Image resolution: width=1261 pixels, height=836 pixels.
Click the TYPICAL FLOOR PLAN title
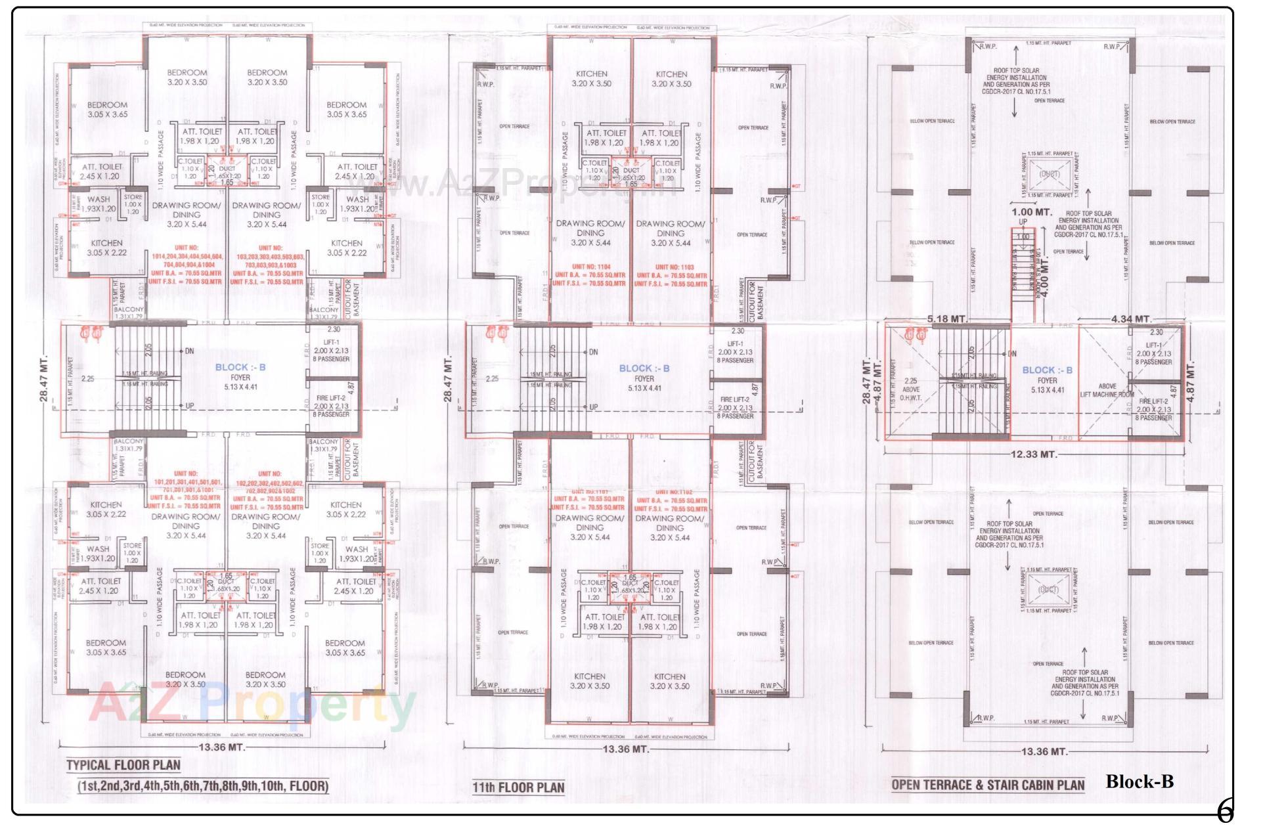123,764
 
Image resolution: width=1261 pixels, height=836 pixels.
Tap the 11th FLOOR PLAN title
518,787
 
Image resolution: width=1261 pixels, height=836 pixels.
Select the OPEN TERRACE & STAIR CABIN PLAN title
988,785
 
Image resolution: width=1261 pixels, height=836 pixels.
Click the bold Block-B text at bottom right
1139,781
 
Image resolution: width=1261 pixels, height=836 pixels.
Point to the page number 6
1225,812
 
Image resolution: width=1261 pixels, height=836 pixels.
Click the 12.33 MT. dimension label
1034,454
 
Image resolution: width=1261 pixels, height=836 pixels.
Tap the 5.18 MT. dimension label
947,319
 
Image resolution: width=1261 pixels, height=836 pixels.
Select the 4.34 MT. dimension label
1131,319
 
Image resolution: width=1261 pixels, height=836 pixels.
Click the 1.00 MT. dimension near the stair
1032,212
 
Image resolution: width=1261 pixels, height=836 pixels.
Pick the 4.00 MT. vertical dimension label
1045,277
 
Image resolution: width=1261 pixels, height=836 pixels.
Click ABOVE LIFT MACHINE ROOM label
1107,391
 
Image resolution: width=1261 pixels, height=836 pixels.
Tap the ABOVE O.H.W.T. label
911,389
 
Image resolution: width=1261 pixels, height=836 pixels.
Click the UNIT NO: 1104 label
590,267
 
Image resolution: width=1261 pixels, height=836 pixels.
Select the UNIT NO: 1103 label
671,267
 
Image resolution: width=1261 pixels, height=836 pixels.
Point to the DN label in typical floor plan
189,351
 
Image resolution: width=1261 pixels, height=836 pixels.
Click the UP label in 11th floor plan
593,407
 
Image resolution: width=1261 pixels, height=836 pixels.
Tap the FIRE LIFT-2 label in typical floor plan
332,399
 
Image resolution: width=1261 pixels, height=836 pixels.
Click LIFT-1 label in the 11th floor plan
735,344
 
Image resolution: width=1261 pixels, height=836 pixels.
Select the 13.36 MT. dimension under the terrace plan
1043,751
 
